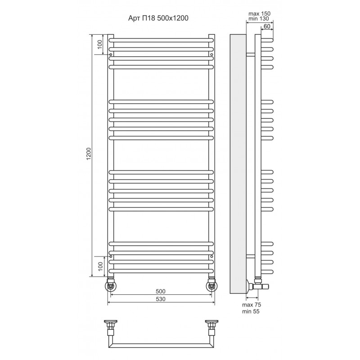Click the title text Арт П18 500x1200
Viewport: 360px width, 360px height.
coord(158,18)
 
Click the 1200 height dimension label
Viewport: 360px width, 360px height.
coord(89,154)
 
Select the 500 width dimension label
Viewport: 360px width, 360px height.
coord(161,291)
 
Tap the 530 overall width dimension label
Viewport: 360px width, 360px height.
coord(161,299)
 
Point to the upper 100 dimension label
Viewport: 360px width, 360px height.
coord(99,44)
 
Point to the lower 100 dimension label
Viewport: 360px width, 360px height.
coord(100,266)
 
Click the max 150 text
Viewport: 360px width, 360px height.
coord(260,13)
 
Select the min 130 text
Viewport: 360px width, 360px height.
coord(258,18)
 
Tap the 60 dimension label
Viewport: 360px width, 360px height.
coord(267,27)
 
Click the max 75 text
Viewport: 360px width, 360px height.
coord(252,305)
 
